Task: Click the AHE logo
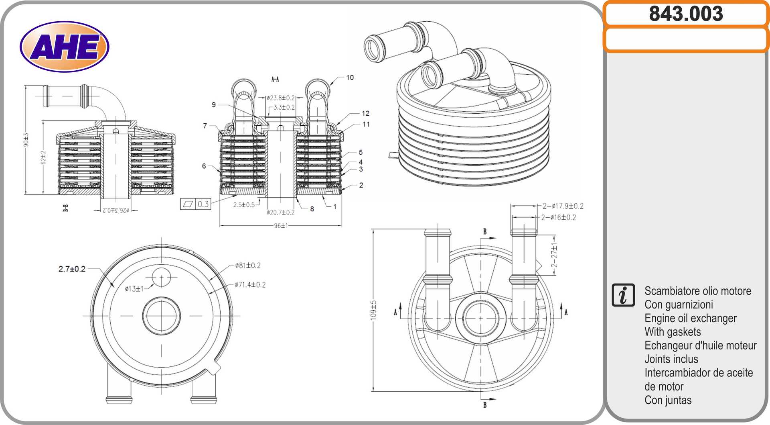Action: pos(65,47)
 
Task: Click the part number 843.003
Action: pos(686,14)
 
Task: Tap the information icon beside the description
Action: pos(623,295)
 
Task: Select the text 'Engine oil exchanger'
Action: pos(690,318)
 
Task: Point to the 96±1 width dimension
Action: pos(281,226)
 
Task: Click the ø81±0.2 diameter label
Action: pos(248,266)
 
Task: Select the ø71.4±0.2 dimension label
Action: pos(250,285)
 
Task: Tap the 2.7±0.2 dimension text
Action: pos(72,269)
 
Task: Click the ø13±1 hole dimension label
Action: pos(134,289)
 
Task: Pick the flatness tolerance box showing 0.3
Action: pos(196,204)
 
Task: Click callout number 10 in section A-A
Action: pos(350,78)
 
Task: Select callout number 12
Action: pos(365,114)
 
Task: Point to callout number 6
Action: pos(204,166)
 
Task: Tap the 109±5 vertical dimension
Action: pos(373,310)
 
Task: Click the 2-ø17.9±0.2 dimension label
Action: pos(563,206)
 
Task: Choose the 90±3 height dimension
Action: pos(26,139)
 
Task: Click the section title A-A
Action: pos(275,80)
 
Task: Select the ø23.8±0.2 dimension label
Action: pos(281,98)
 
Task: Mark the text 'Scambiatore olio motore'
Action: pos(697,291)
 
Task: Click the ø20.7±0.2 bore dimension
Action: pos(280,212)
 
